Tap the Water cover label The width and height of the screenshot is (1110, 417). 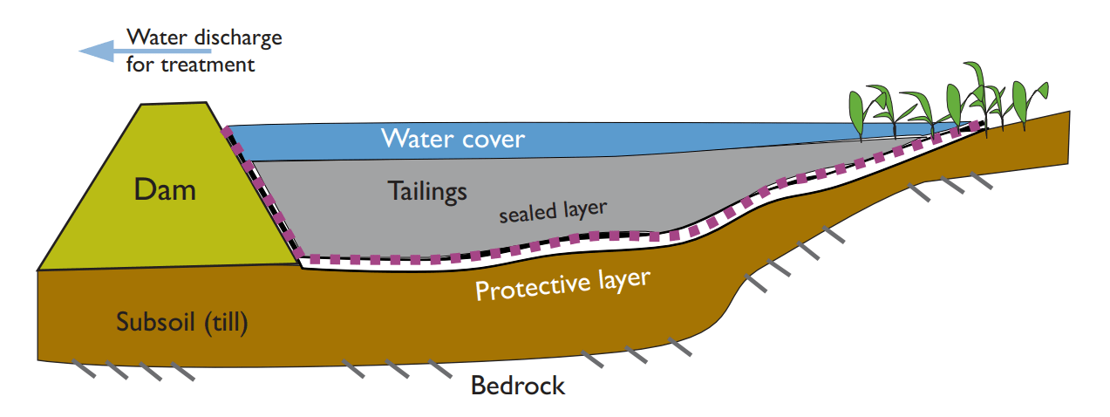pyautogui.click(x=453, y=138)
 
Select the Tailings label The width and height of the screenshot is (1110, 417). pyautogui.click(x=427, y=191)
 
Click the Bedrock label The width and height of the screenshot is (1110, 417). pyautogui.click(x=518, y=386)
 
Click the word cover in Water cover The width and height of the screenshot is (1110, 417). pyautogui.click(x=493, y=138)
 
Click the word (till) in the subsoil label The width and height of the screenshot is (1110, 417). pyautogui.click(x=225, y=323)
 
